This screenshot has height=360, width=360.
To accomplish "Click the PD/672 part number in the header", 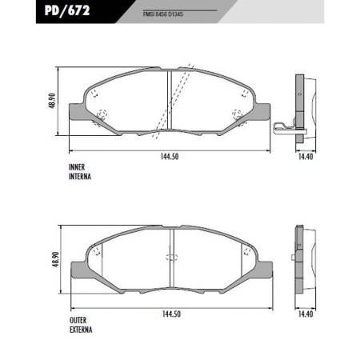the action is click(67, 10).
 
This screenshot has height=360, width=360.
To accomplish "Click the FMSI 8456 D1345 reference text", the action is click(162, 14).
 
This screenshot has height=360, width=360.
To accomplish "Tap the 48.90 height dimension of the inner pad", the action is click(52, 101).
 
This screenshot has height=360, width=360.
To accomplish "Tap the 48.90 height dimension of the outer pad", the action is click(55, 259).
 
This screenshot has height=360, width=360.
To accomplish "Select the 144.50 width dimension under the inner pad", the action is click(170, 157).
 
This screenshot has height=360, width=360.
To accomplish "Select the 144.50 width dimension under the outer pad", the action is click(171, 314).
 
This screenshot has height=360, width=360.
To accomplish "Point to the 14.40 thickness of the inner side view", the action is click(306, 157).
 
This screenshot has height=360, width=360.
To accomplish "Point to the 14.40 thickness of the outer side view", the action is click(306, 314).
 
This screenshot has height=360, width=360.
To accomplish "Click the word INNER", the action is click(77, 167).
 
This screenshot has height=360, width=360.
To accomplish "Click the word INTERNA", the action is click(80, 176).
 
